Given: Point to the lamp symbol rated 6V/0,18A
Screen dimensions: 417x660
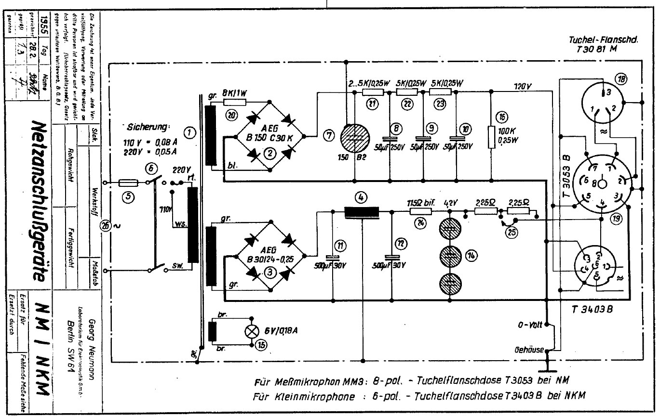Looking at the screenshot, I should (251, 331).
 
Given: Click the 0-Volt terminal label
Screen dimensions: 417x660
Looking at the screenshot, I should (530, 326).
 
